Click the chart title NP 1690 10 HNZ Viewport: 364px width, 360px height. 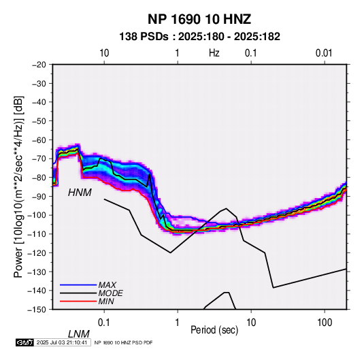click(x=199, y=19)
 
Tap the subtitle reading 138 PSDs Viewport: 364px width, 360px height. click(x=144, y=37)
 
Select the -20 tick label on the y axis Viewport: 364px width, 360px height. click(x=39, y=65)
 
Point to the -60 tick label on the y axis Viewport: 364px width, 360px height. click(x=39, y=140)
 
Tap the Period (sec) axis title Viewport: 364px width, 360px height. click(x=214, y=330)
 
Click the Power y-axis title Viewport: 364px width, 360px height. click(x=18, y=187)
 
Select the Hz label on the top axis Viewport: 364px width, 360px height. click(x=214, y=53)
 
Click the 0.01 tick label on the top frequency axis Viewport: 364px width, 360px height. click(x=324, y=53)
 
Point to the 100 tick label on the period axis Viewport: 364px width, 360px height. click(x=325, y=323)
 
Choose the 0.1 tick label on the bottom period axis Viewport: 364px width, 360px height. click(x=104, y=323)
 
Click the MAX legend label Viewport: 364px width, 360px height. click(x=107, y=285)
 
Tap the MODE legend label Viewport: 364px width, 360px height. click(x=110, y=293)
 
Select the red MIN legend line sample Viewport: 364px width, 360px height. click(x=78, y=301)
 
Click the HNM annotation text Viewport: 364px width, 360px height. click(x=80, y=193)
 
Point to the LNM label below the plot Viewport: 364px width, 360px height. click(x=79, y=334)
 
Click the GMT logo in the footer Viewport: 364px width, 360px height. click(x=25, y=342)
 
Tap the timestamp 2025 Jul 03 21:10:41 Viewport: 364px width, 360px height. click(x=62, y=342)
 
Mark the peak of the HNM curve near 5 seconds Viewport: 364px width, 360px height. click(x=227, y=208)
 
